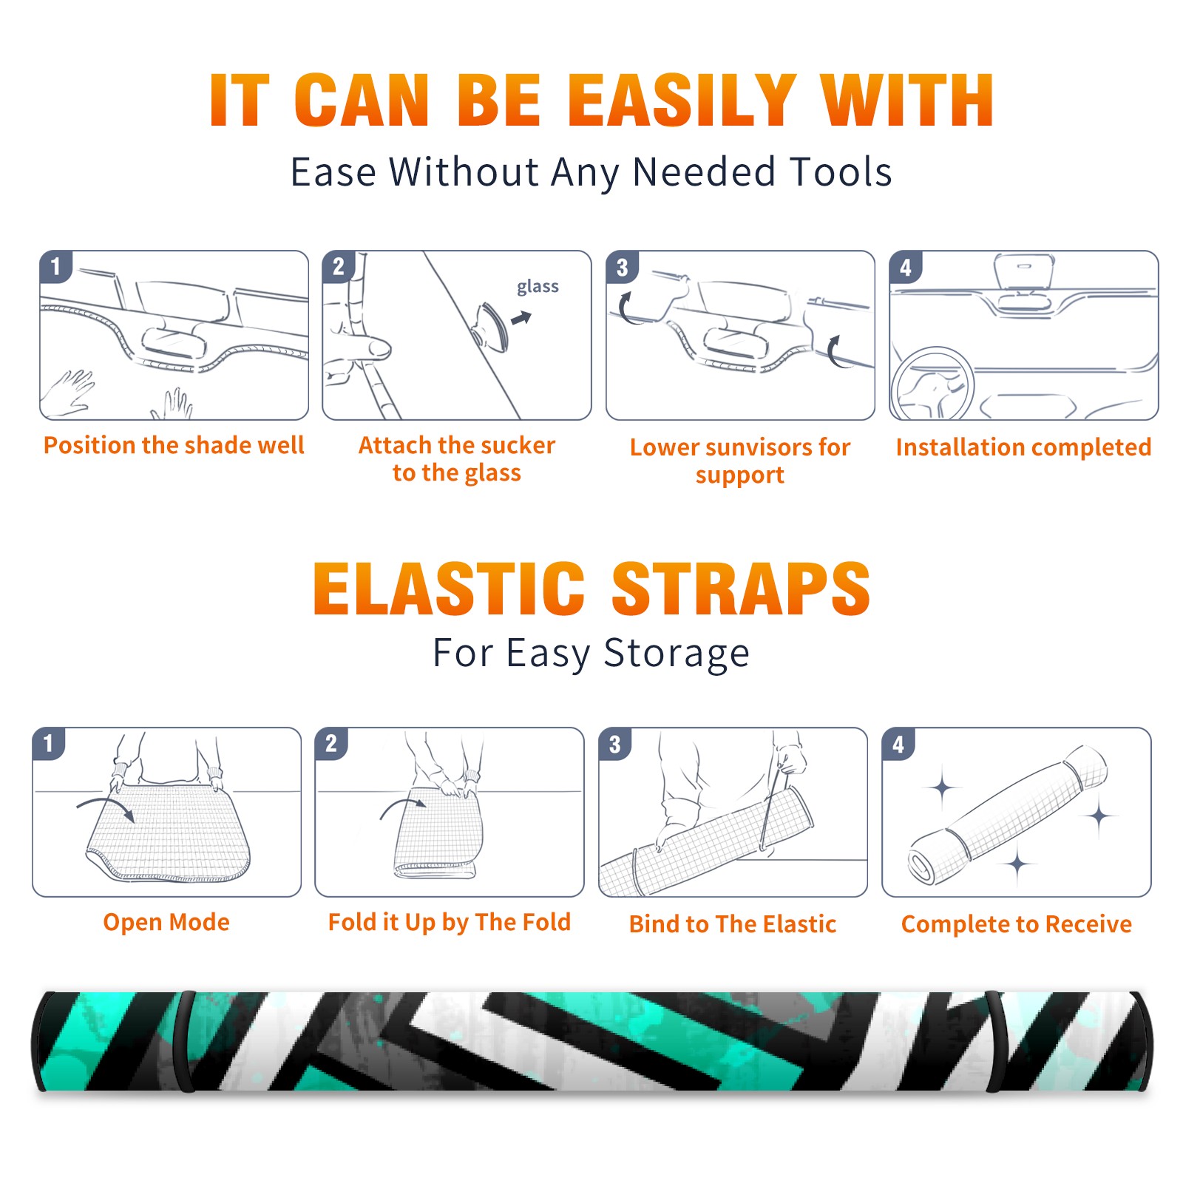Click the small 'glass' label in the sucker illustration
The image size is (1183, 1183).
coord(538,287)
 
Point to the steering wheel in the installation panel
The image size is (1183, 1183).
coord(932,383)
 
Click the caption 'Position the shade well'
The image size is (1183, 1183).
coord(174,445)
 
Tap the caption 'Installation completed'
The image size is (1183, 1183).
coord(1023,447)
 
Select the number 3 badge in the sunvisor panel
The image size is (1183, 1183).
coord(622,267)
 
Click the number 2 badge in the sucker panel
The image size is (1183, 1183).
coord(339,266)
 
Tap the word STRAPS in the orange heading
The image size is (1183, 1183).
coord(741,589)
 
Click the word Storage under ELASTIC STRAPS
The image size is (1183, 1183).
coord(677,654)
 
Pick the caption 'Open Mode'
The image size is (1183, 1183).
coord(166,922)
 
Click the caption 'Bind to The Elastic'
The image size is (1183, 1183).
coord(733,924)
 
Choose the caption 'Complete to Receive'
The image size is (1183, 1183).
coord(1017,924)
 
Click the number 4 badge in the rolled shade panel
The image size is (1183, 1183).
coord(898,744)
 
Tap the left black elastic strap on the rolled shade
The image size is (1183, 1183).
coord(186,1041)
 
